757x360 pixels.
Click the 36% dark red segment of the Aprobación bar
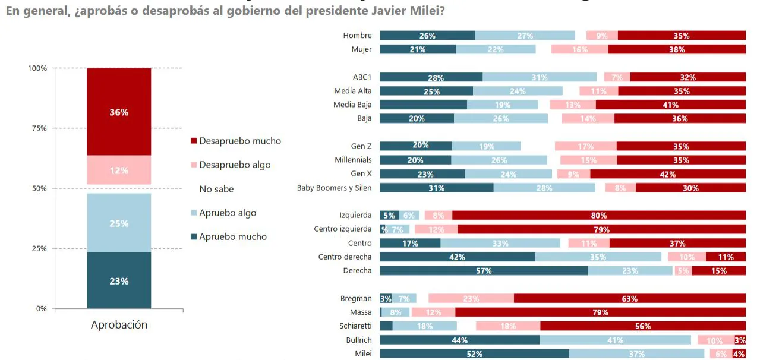point(119,112)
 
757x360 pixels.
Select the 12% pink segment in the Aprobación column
point(119,170)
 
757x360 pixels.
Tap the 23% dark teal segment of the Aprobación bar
point(119,281)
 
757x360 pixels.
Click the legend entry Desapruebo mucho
point(240,141)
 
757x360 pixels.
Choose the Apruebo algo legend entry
point(228,213)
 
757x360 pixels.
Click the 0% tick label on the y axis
point(41,309)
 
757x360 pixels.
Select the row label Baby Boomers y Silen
point(334,188)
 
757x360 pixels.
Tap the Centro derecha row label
point(345,257)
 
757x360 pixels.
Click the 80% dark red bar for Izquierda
point(598,216)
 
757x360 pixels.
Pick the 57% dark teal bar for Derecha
point(484,271)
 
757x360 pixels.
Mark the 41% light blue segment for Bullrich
point(615,340)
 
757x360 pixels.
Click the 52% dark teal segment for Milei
point(474,354)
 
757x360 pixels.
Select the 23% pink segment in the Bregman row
point(471,299)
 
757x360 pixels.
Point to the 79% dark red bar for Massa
point(600,312)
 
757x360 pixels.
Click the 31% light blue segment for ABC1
point(540,77)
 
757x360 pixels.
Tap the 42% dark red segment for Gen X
point(667,174)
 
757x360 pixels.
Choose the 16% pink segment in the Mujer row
point(579,49)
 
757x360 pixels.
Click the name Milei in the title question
point(427,11)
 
